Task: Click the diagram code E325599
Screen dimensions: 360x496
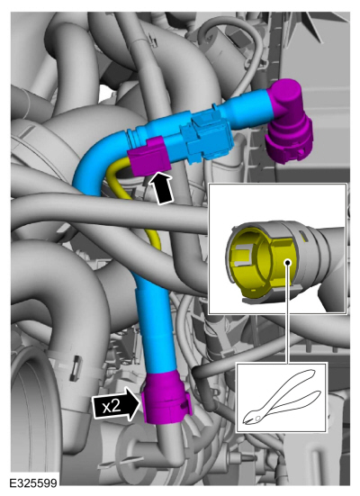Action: [33, 483]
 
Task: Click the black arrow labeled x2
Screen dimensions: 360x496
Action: [116, 405]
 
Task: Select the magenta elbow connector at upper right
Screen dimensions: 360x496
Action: [289, 121]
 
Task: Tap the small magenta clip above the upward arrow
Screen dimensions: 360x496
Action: [148, 157]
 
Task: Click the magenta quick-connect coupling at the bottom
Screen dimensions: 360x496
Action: [166, 398]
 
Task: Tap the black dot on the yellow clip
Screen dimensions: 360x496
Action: [288, 263]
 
